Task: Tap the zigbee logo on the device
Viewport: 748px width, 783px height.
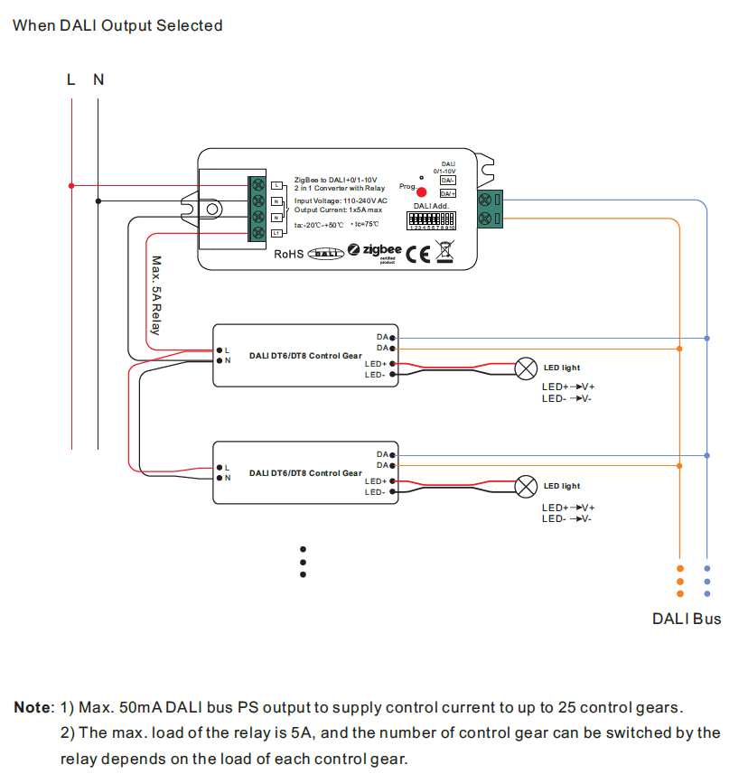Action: tap(377, 250)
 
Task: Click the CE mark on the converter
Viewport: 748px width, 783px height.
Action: tap(418, 253)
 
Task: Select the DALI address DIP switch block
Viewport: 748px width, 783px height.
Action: tap(431, 219)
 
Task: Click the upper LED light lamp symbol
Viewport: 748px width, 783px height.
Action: tap(525, 368)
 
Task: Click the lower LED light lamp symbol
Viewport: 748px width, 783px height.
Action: tap(525, 487)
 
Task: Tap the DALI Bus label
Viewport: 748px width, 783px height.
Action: tap(687, 619)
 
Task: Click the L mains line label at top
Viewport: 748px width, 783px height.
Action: tap(71, 79)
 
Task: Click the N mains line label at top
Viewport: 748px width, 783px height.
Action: tap(98, 79)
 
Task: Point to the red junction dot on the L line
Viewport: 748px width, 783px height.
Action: tap(71, 186)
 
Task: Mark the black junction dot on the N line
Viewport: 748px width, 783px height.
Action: tap(98, 201)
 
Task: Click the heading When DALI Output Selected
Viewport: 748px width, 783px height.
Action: tap(117, 25)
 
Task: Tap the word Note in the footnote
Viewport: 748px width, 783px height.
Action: tap(33, 707)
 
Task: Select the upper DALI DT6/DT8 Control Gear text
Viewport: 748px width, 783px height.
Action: tap(305, 356)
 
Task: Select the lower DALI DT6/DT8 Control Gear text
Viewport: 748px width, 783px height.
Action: tap(305, 473)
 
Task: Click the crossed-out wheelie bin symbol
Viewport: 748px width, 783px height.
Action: tap(444, 251)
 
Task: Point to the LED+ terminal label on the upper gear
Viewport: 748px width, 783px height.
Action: tap(375, 364)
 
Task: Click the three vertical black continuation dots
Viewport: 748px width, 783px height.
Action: tap(304, 561)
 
